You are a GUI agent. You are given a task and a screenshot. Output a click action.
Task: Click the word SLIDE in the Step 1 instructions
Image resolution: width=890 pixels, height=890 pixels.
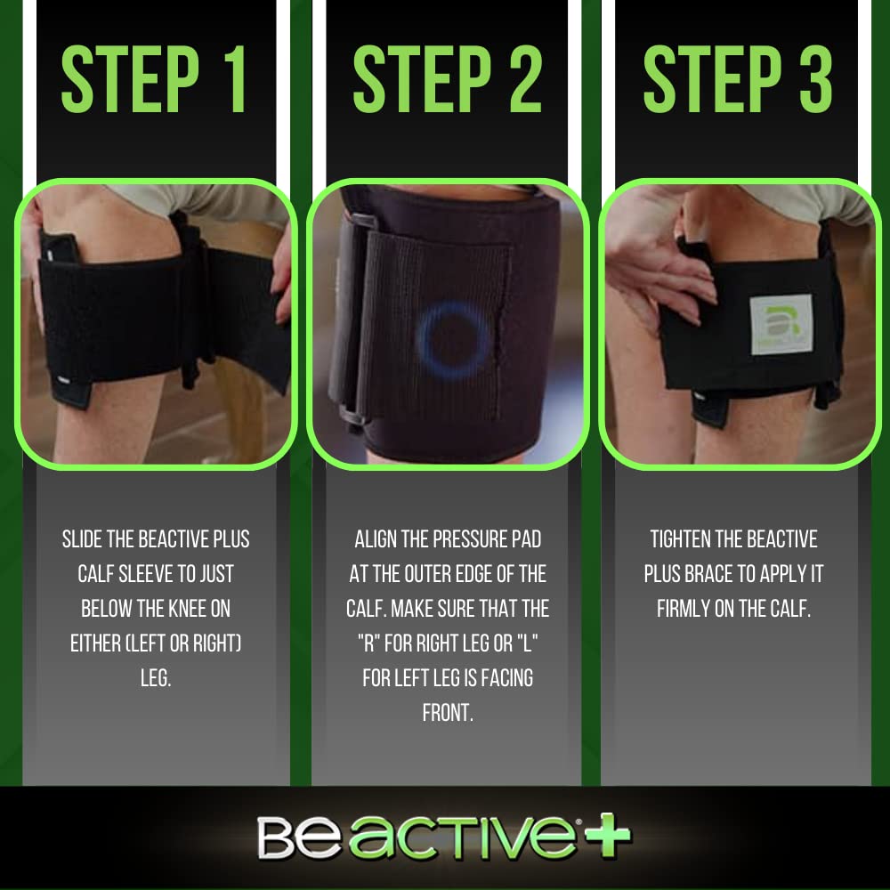point(85,540)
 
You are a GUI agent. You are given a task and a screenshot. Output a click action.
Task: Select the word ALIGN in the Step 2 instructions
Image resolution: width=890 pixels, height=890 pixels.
point(379,540)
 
